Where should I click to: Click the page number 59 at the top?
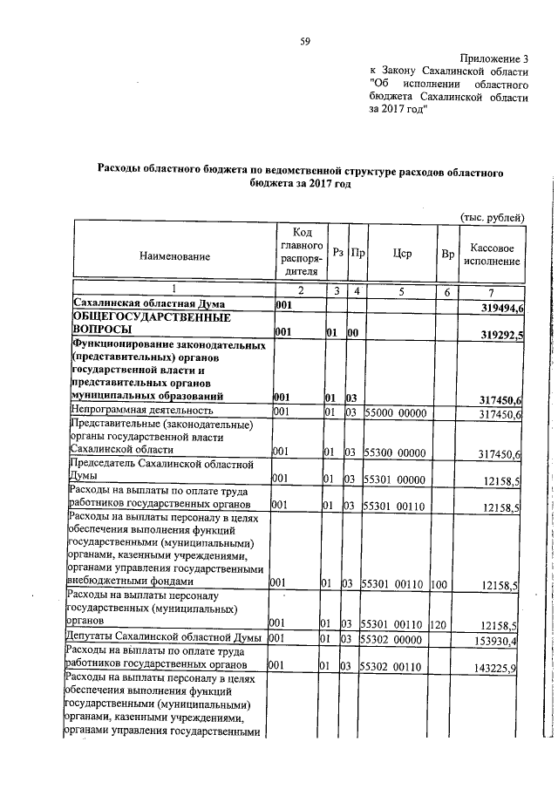305,41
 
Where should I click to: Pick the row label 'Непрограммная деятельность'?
142,410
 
